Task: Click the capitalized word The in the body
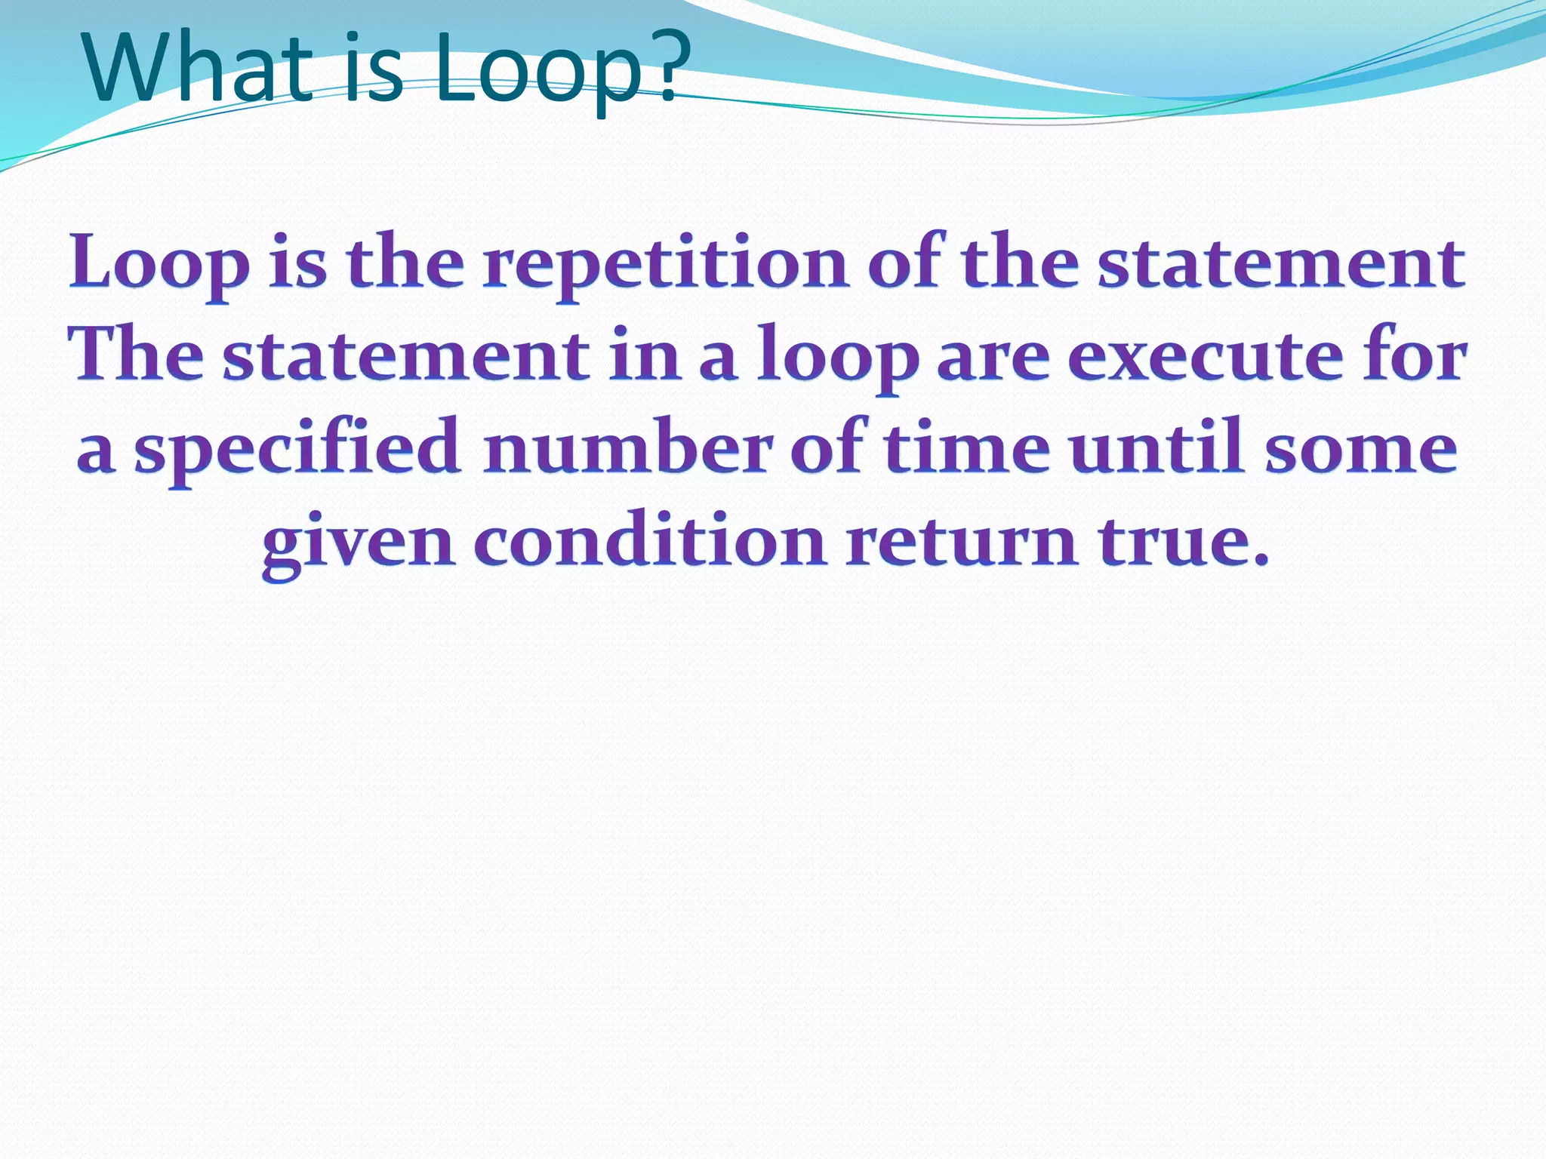[x=136, y=355]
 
